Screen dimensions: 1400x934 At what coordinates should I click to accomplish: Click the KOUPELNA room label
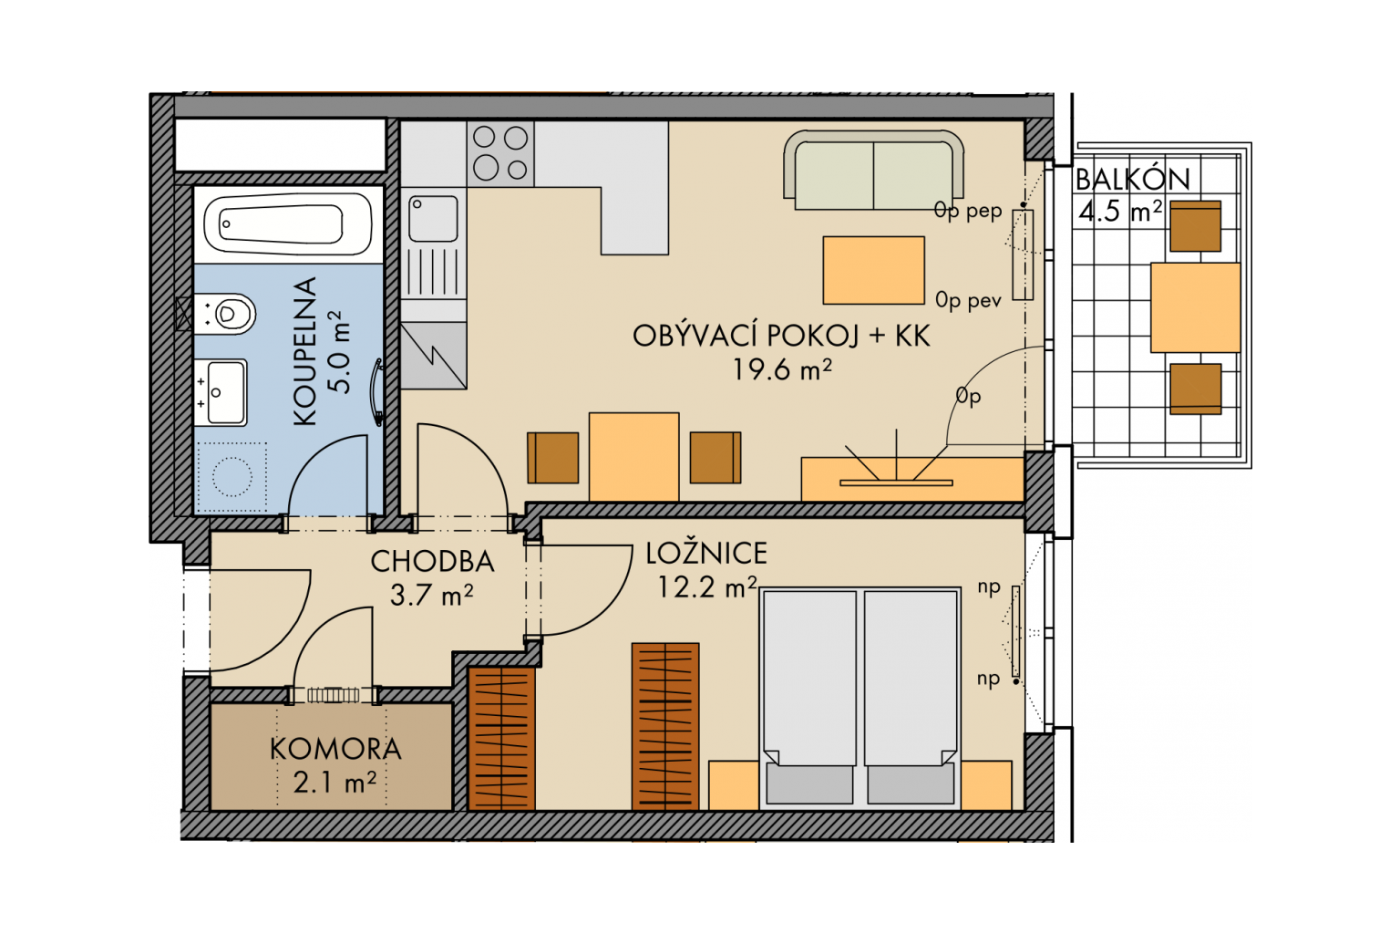305,351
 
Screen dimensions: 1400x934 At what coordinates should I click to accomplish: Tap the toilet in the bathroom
225,314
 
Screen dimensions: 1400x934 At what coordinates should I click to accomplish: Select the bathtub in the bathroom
288,223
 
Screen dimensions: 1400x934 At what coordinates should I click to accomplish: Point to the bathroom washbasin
221,392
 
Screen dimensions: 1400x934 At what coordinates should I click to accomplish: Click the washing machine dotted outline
232,477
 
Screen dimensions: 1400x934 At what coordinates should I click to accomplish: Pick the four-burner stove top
500,153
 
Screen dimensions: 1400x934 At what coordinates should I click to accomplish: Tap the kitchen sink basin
433,218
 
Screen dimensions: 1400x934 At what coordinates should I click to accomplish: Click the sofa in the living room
874,171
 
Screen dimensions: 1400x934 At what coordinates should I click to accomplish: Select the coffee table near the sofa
874,270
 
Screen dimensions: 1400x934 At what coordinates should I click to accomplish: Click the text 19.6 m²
782,369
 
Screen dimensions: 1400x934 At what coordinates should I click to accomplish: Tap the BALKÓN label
1133,180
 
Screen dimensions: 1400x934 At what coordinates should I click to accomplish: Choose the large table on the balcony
1196,307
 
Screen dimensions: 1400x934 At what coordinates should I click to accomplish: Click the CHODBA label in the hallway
433,561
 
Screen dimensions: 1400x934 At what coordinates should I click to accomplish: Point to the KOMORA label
335,749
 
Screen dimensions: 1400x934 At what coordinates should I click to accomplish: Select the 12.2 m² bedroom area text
707,586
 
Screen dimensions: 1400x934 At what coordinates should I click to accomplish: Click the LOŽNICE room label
706,553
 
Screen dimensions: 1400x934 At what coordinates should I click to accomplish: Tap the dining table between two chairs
633,457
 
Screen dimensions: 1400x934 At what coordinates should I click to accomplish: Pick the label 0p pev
968,301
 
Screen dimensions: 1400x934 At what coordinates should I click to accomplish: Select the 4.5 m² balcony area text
1120,211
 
